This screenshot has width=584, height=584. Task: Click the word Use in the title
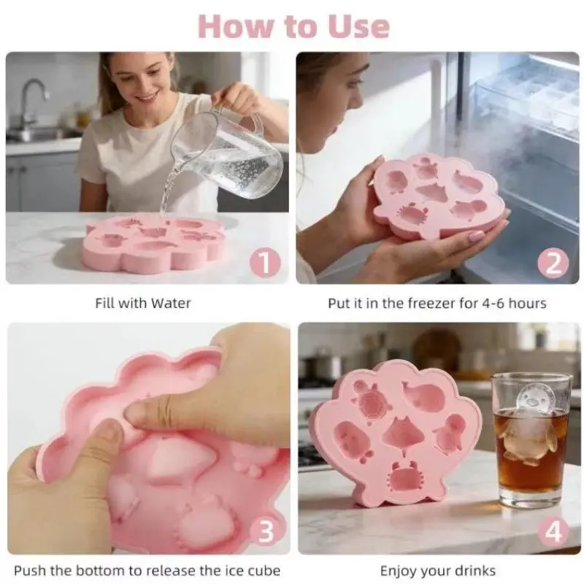(358, 26)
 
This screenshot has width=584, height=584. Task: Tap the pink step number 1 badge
(265, 263)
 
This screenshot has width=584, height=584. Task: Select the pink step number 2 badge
(553, 263)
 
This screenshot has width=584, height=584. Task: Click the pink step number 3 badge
(266, 531)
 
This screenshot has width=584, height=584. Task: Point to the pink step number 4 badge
(553, 531)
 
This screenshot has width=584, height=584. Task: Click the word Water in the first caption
(171, 303)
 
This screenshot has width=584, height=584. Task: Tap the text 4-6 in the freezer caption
(493, 303)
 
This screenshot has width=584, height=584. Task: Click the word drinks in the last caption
(473, 571)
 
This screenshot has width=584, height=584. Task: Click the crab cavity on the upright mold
(405, 477)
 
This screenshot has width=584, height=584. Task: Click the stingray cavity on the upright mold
(402, 434)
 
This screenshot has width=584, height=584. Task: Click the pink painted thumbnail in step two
(476, 236)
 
